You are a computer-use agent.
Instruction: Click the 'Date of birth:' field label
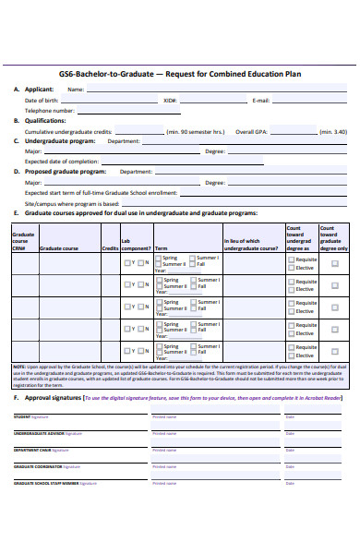pyautogui.click(x=42, y=100)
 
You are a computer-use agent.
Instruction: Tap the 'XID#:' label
pyautogui.click(x=170, y=100)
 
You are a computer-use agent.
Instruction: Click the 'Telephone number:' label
pyautogui.click(x=51, y=110)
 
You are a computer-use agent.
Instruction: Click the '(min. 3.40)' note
pyautogui.click(x=333, y=132)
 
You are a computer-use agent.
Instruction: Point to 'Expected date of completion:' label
pyautogui.click(x=61, y=162)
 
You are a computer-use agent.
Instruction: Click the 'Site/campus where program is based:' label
pyautogui.click(x=72, y=203)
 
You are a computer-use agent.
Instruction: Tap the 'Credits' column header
pyautogui.click(x=110, y=248)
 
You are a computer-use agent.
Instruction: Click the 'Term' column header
pyautogui.click(x=161, y=248)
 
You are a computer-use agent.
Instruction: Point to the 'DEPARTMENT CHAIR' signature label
pyautogui.click(x=32, y=451)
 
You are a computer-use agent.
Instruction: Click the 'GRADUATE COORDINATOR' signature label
pyautogui.click(x=37, y=467)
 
